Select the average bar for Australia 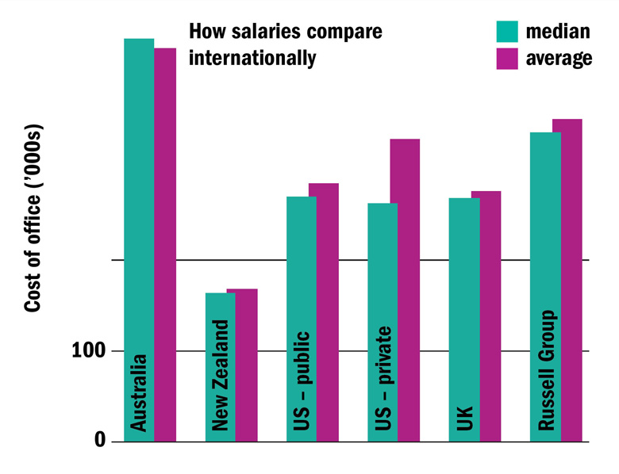click(165, 238)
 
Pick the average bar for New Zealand click(247, 365)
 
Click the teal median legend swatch click(506, 31)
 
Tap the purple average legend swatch click(506, 59)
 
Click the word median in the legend click(558, 32)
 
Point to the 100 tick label click(88, 350)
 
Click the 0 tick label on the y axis click(100, 441)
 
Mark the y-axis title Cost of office click(33, 218)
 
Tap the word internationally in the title click(252, 59)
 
